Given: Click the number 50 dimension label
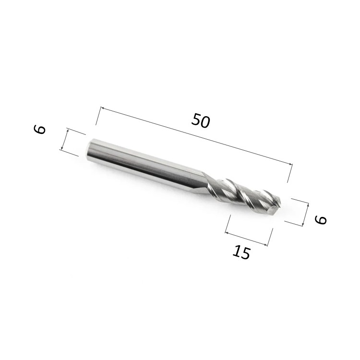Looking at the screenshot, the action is coord(201,120).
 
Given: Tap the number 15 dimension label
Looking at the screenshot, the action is coord(241,252).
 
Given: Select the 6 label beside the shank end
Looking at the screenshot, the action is coord(39,129).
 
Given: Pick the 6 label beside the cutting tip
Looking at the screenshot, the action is coord(321,220).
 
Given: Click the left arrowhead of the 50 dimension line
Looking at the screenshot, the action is coord(103,108).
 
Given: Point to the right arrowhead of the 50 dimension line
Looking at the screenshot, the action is coord(291,164).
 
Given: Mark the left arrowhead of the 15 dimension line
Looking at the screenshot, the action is coord(227,233).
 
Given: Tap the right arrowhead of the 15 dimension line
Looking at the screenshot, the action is coord(266,245).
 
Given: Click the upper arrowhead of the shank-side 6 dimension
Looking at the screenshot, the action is coord(68,131).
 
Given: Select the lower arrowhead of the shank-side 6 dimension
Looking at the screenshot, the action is coord(61,148).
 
